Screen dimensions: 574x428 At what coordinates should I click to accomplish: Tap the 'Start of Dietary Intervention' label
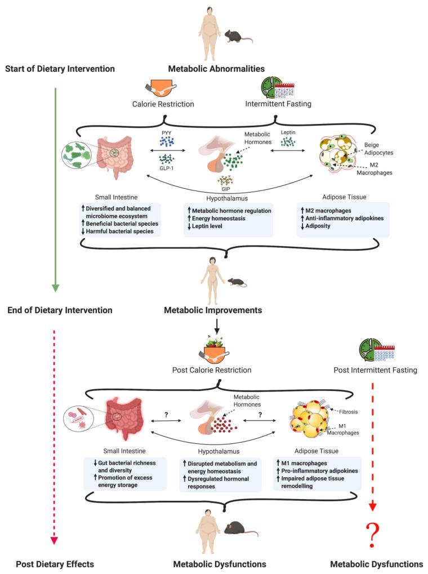60,69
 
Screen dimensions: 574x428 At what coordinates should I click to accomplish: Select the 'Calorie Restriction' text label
163,104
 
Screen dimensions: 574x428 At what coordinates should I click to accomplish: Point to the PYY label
167,134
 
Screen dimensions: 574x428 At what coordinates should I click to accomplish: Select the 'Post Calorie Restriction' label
212,370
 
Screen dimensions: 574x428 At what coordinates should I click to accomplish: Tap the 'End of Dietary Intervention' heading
60,310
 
